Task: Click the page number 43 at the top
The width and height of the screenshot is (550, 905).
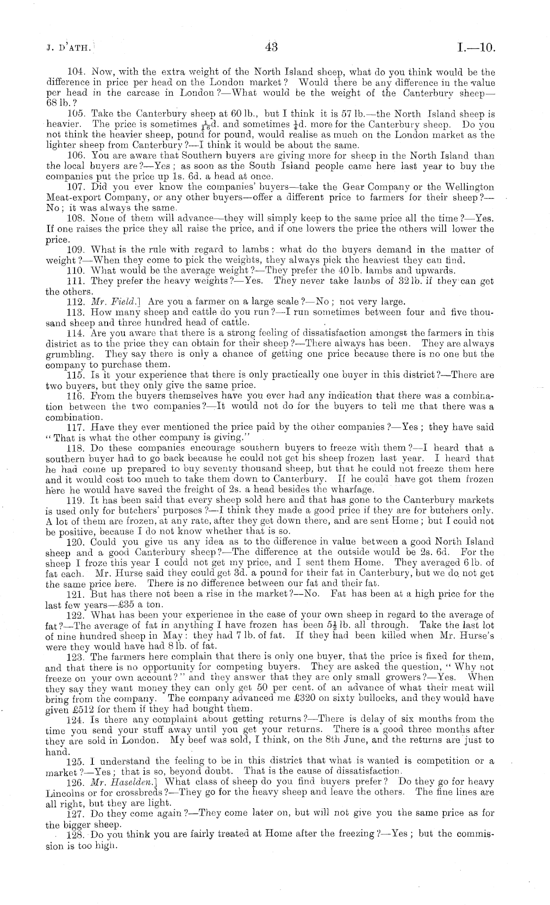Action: click(272, 47)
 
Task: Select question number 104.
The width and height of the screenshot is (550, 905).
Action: click(74, 72)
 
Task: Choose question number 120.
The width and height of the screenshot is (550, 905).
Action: click(74, 542)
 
